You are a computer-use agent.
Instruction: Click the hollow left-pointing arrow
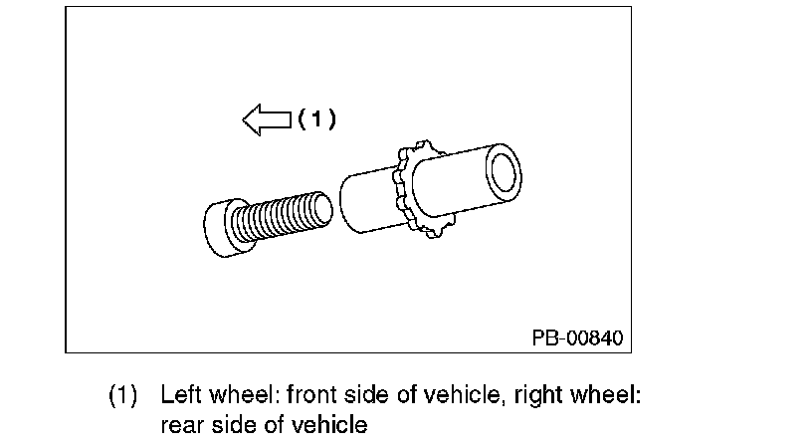[x=266, y=120]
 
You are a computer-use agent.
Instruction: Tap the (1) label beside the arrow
[x=318, y=119]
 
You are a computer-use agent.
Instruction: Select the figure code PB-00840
[x=576, y=338]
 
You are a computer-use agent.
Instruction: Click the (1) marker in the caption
[x=123, y=394]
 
